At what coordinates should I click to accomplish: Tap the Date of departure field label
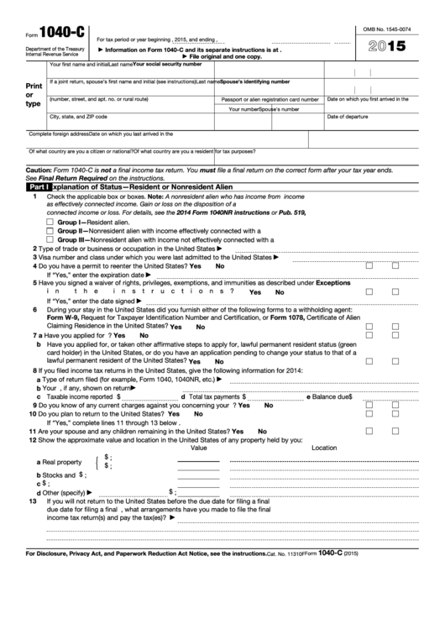[x=347, y=116]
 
